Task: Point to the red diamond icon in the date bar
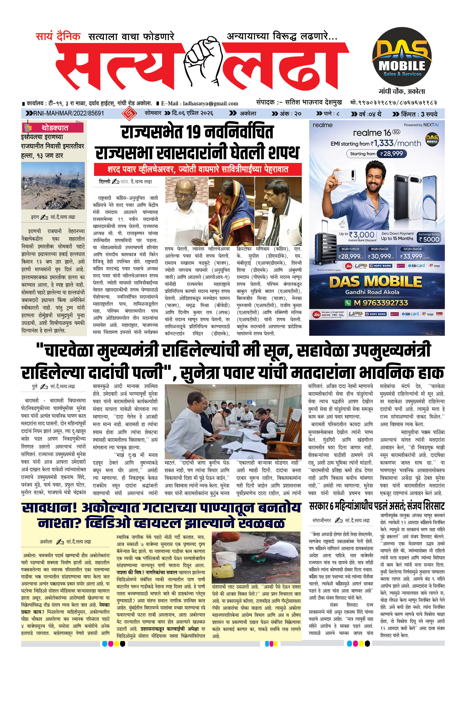pyautogui.click(x=129, y=114)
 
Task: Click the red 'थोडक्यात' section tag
pyautogui.click(x=55, y=128)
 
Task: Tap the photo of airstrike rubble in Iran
pyautogui.click(x=53, y=186)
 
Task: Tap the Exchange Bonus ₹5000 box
pyautogui.click(x=429, y=237)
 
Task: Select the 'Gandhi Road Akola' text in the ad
pyautogui.click(x=372, y=292)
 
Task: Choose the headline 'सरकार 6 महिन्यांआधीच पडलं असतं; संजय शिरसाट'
pyautogui.click(x=376, y=506)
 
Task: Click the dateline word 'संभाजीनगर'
pyautogui.click(x=322, y=520)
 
